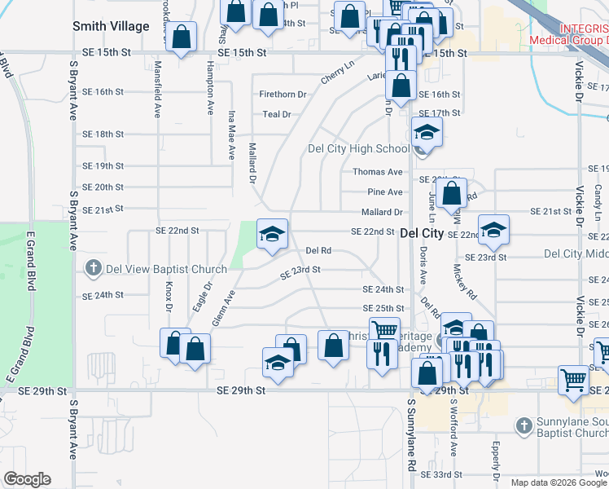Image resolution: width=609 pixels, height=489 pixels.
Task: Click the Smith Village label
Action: pos(111,26)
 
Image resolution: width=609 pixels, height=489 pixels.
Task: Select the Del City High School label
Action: pos(358,148)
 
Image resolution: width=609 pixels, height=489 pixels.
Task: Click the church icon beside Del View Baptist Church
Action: pos(94,268)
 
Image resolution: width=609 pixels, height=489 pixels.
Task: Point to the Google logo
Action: pos(27,479)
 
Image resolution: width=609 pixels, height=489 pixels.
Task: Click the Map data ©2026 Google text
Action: pos(559,482)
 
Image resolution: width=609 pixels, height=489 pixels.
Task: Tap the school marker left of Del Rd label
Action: pos(272,235)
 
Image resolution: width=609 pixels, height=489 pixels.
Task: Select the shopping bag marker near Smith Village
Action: pos(182,37)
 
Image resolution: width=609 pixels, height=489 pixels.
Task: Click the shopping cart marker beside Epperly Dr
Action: pos(573,380)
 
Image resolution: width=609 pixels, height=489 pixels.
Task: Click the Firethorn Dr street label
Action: pos(283,95)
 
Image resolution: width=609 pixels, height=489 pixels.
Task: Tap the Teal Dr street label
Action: pos(277,114)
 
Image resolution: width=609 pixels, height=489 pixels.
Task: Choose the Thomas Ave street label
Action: pos(378,172)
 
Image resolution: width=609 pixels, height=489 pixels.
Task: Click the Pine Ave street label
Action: pos(385,192)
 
